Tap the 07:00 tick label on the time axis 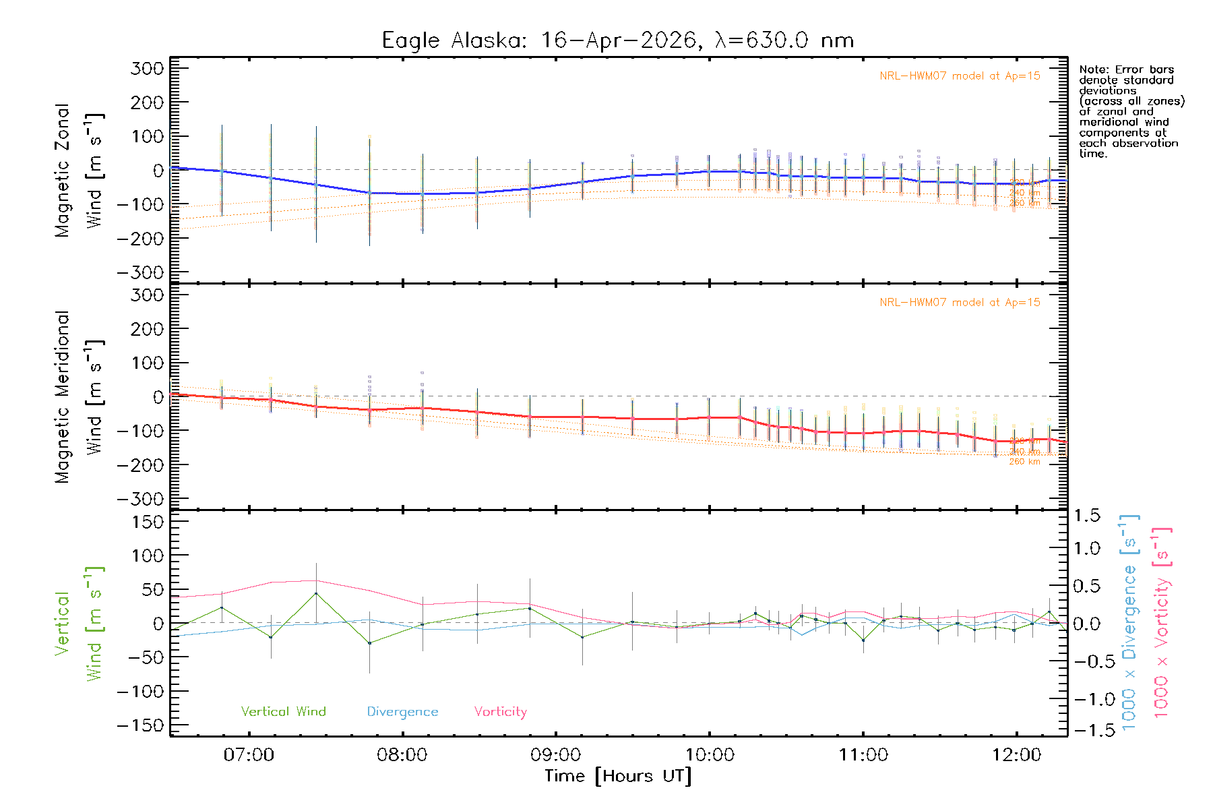[x=249, y=755]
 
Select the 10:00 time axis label [x=710, y=755]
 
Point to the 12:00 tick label [x=1016, y=755]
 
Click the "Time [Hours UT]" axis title [x=618, y=776]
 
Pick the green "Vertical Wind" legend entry [x=283, y=711]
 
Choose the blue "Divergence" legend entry [x=402, y=711]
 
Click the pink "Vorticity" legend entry [x=500, y=711]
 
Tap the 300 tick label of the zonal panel [x=148, y=68]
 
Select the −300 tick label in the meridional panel [x=140, y=499]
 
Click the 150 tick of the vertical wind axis [x=148, y=522]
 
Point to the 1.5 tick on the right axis [x=1087, y=516]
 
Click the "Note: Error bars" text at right [x=1126, y=69]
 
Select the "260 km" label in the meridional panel [x=1024, y=462]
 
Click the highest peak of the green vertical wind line [x=315, y=593]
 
